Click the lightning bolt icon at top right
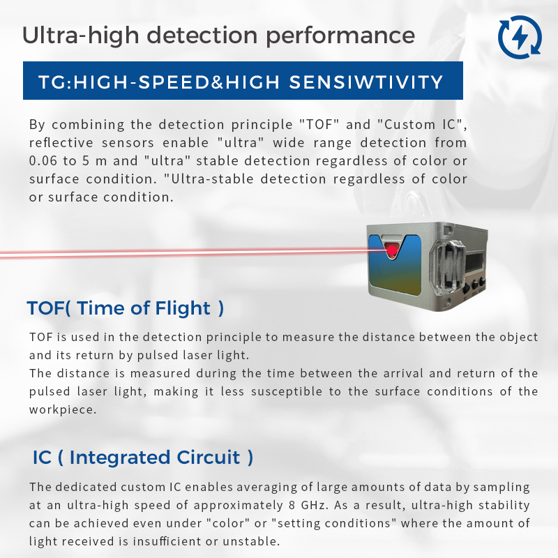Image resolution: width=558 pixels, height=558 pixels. coord(520,36)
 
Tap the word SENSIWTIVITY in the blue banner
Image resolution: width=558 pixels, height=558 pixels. coord(365,82)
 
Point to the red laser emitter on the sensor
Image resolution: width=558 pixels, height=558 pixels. coord(392,250)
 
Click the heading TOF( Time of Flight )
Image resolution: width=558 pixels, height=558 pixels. coord(126,308)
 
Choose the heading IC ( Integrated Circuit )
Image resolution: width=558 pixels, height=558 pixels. coord(143,458)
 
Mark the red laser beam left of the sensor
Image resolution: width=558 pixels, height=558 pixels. coord(174,254)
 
